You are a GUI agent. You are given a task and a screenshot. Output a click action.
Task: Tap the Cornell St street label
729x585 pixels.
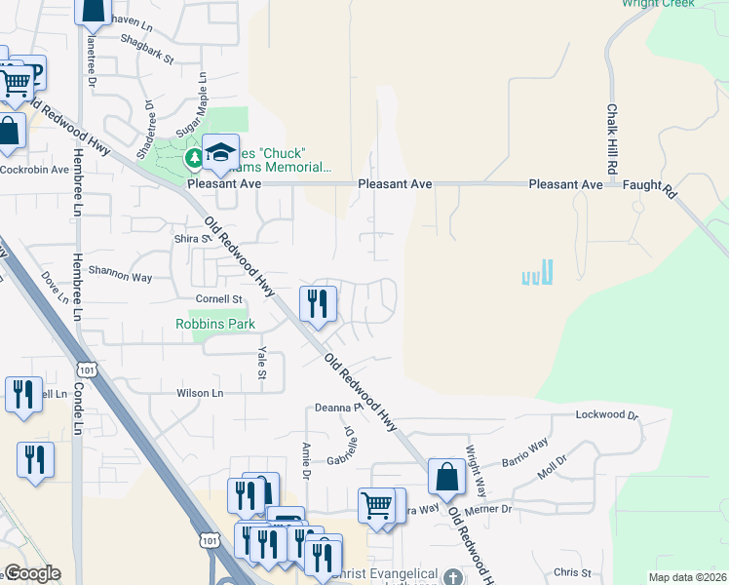point(217,298)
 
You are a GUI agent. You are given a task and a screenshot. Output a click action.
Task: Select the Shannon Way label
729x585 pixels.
point(120,277)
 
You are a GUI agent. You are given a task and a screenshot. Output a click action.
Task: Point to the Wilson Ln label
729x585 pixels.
point(199,393)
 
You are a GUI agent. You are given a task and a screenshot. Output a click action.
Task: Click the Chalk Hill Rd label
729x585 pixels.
point(612,139)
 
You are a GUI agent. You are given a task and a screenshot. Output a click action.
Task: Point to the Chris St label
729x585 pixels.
point(572,572)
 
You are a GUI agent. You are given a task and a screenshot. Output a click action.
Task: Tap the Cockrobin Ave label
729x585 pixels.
point(34,169)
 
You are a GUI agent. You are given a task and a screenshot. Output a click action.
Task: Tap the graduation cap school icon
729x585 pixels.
point(221,151)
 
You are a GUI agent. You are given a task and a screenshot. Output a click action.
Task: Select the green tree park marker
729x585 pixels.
point(193,157)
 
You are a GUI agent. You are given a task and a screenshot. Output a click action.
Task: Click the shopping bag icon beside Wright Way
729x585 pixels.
point(446,478)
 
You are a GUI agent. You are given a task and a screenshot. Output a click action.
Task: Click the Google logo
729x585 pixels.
point(32,573)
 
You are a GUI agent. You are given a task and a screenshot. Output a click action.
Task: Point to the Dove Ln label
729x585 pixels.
point(51,292)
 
